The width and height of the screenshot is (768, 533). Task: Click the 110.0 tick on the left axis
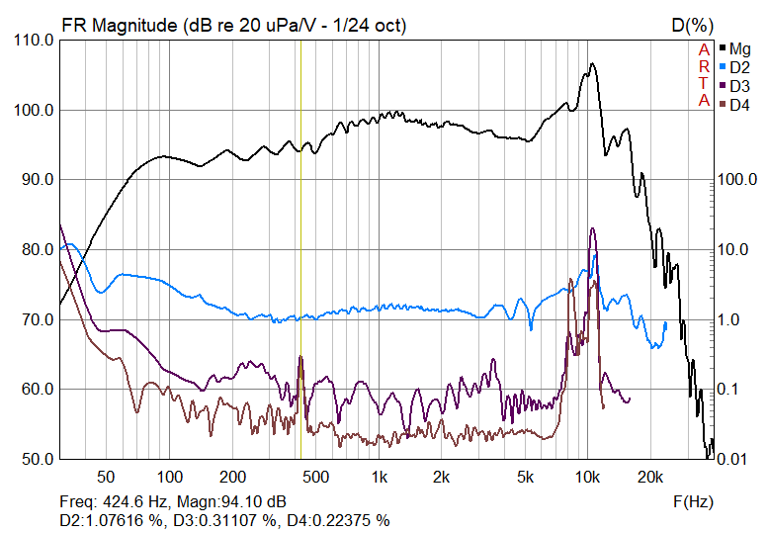pyautogui.click(x=32, y=40)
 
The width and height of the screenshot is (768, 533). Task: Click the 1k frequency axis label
pyautogui.click(x=380, y=478)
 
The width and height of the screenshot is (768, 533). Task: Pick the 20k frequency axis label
pyautogui.click(x=649, y=478)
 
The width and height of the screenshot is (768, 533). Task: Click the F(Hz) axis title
pyautogui.click(x=693, y=501)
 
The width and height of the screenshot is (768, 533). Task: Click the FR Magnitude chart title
pyautogui.click(x=233, y=25)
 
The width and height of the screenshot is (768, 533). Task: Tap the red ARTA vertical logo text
pyautogui.click(x=704, y=74)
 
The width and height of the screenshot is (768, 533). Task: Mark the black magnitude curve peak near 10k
pyautogui.click(x=593, y=64)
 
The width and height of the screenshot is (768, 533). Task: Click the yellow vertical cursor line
pyautogui.click(x=299, y=247)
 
